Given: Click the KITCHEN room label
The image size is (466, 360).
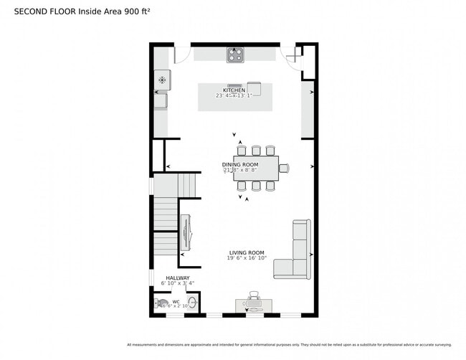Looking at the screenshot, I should [x=234, y=90].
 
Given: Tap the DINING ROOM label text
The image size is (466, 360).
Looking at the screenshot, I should [x=239, y=164].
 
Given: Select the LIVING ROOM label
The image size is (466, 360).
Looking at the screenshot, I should [x=247, y=252].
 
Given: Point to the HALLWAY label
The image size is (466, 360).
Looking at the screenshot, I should [x=178, y=278].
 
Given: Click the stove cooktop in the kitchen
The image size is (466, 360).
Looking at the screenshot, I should [x=235, y=55].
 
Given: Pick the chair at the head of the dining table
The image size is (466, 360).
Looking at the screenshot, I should [x=284, y=169].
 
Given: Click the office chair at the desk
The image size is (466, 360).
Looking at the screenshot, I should [x=253, y=296].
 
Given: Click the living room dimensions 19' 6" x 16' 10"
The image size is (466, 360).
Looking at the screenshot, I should [x=247, y=259].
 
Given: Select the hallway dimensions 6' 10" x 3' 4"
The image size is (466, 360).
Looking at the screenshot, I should [x=178, y=284].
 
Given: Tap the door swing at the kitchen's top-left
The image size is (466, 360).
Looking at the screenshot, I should [x=181, y=54].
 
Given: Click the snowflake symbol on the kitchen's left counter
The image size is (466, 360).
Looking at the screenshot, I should [x=162, y=80].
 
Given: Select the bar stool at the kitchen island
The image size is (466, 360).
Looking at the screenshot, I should [x=254, y=86].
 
